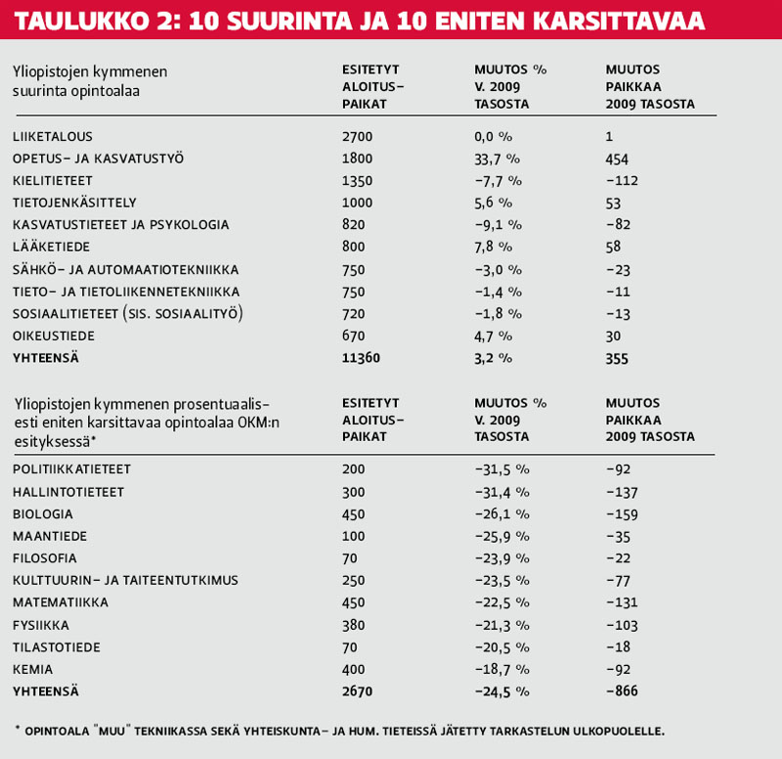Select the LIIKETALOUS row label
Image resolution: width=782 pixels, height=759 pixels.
[x=53, y=137]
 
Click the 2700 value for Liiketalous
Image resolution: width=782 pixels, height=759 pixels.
[x=358, y=137]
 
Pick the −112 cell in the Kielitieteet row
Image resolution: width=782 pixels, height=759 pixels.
[x=621, y=181]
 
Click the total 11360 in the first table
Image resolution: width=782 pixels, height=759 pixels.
[x=362, y=358]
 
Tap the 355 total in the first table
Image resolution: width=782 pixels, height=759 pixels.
[x=617, y=358]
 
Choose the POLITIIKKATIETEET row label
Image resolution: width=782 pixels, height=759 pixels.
[x=72, y=469]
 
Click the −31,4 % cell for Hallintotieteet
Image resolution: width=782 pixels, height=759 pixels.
[x=502, y=492]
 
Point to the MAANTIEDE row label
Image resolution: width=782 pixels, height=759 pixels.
[x=50, y=536]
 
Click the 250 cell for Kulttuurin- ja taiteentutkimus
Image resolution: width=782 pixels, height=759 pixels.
[x=354, y=580]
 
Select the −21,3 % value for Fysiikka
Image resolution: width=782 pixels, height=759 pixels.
[x=502, y=624]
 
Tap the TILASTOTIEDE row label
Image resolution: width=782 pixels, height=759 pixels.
[x=56, y=647]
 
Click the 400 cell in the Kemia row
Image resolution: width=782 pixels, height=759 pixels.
[x=354, y=669]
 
